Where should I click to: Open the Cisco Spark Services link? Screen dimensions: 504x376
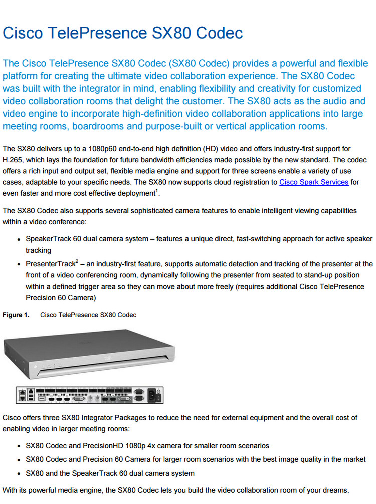pyautogui.click(x=313, y=182)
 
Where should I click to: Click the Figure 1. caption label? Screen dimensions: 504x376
pyautogui.click(x=16, y=315)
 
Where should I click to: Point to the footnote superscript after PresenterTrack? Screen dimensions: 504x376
pyautogui.click(x=77, y=261)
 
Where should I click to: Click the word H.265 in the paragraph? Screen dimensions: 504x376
pyautogui.click(x=14, y=160)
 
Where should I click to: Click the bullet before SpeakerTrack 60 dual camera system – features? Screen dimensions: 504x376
pyautogui.click(x=19, y=240)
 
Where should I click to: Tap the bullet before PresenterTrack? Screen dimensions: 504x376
pyautogui.click(x=19, y=264)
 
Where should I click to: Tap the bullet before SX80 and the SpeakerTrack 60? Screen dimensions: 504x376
pyautogui.click(x=19, y=473)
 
